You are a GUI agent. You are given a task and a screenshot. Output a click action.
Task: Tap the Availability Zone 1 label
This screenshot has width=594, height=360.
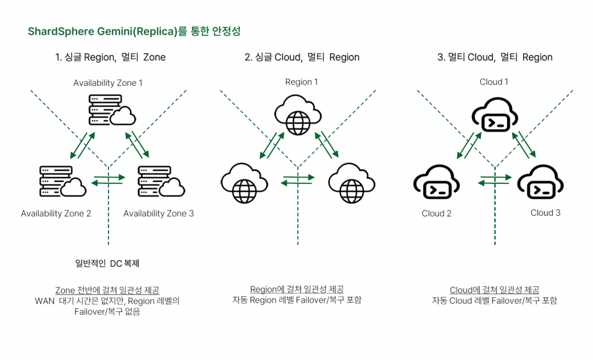click(108, 83)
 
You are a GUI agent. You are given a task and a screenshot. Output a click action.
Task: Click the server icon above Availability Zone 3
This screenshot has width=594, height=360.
click(161, 180)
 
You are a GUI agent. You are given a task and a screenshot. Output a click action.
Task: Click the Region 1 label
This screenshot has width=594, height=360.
click(301, 82)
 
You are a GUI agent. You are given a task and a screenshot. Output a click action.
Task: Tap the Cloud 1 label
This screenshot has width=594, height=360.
click(494, 82)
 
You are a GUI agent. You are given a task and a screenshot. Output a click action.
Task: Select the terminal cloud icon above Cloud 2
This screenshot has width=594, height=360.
click(437, 184)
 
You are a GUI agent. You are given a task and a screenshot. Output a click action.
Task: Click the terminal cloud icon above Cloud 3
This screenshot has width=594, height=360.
click(541, 184)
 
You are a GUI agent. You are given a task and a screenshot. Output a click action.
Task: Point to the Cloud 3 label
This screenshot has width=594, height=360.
click(545, 213)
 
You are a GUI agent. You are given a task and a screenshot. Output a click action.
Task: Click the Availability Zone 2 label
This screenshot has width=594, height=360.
click(56, 213)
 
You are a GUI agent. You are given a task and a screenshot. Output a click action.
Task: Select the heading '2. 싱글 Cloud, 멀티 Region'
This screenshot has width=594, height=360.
click(302, 57)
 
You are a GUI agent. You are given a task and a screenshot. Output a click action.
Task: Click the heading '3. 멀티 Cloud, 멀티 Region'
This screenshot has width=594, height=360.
click(495, 57)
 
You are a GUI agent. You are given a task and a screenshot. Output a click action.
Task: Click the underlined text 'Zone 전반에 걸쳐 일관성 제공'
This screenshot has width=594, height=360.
click(107, 290)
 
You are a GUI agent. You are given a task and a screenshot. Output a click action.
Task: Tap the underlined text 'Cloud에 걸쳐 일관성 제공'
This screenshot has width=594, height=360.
click(494, 290)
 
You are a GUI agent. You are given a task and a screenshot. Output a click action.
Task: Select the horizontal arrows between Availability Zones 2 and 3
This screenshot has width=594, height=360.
click(108, 180)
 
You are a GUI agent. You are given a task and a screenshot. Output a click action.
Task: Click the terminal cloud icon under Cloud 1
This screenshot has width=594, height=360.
click(492, 117)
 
